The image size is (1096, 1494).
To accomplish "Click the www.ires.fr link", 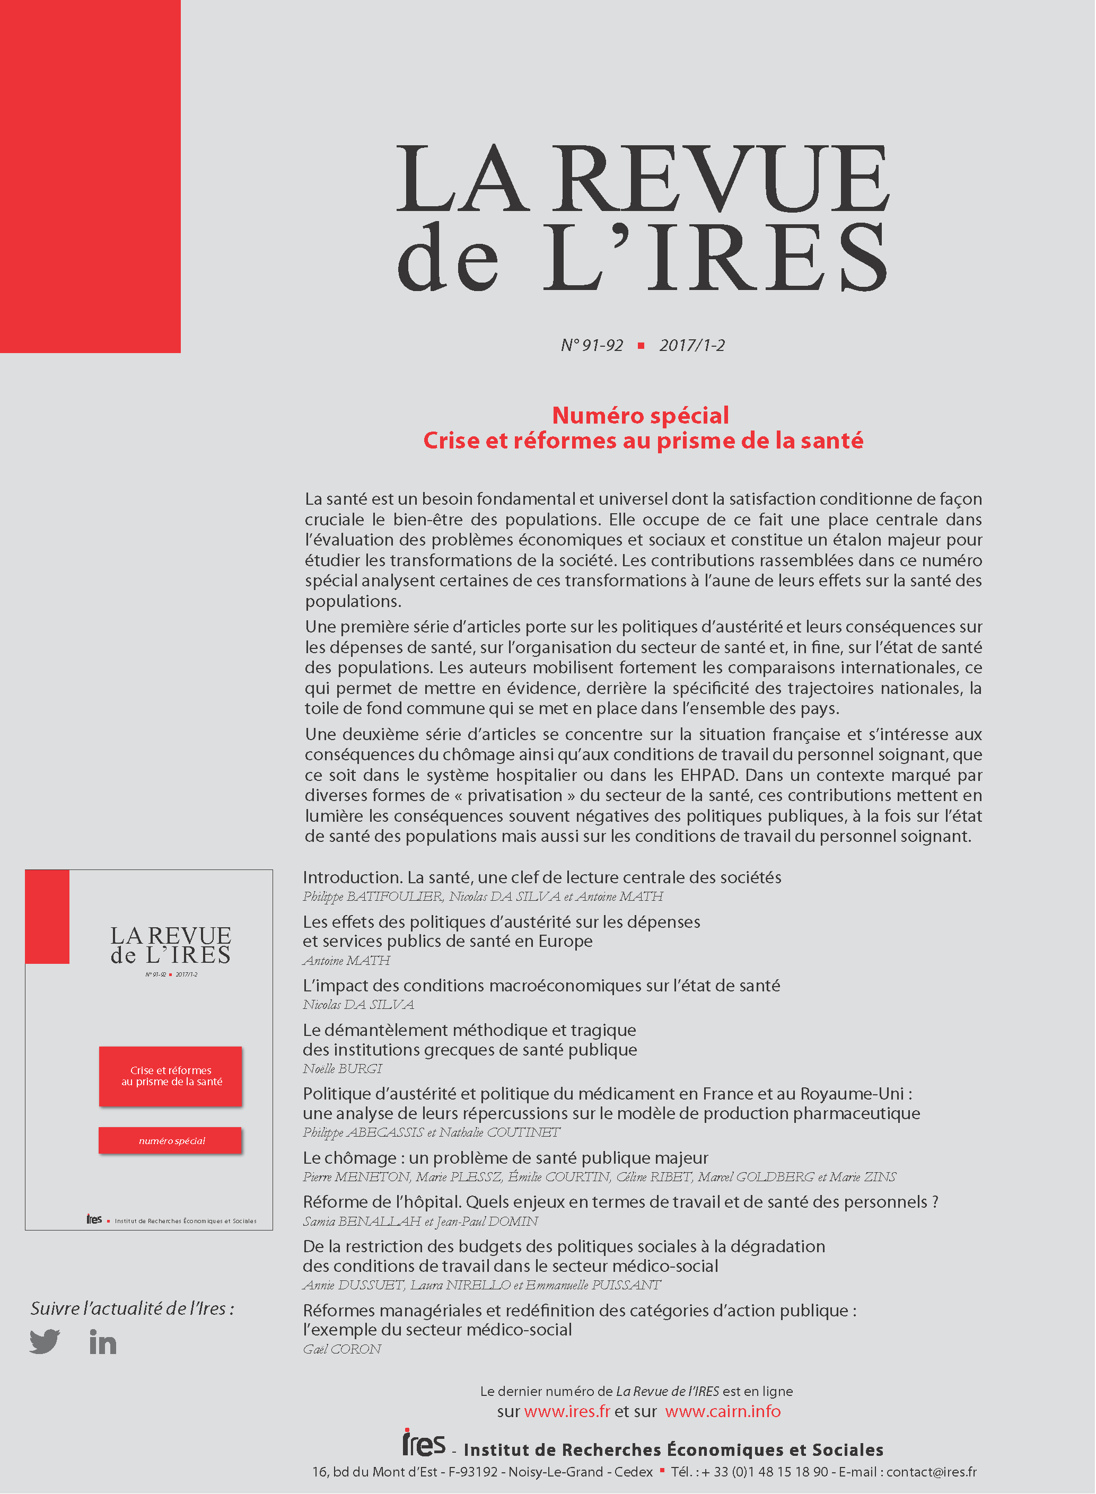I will click(567, 1411).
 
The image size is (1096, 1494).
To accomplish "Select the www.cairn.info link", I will click(723, 1411).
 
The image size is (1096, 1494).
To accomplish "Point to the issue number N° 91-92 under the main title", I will click(592, 346).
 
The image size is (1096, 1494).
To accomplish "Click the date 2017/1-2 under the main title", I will click(692, 346).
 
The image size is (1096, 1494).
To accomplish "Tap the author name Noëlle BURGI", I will click(343, 1068).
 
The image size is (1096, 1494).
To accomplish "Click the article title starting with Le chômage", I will click(505, 1158).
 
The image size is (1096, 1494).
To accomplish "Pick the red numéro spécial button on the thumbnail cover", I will click(171, 1140).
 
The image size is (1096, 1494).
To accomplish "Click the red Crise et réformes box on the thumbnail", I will click(171, 1076).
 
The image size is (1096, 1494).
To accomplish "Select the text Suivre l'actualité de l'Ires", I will click(132, 1308).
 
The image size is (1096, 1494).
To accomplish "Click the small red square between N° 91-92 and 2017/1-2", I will click(641, 346).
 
